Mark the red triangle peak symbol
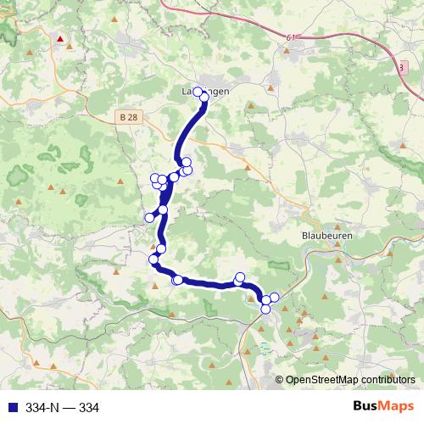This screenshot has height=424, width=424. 60,39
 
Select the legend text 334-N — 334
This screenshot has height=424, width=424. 62,407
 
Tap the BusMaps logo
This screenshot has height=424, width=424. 382,406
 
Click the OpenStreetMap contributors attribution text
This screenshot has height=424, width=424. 350,380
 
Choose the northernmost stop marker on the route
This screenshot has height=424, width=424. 198,92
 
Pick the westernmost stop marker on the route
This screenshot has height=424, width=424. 149,218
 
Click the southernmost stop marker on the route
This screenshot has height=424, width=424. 265,309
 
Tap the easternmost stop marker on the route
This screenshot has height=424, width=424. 274,298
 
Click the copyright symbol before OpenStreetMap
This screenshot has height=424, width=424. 280,380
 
